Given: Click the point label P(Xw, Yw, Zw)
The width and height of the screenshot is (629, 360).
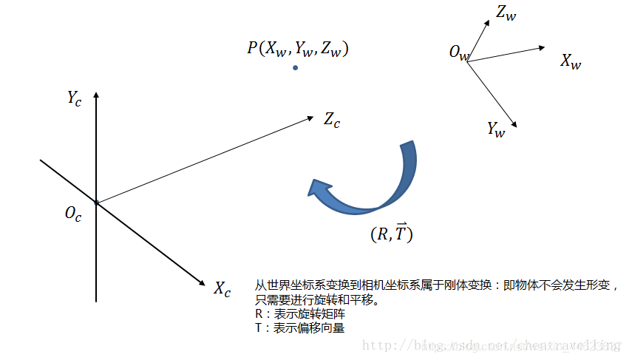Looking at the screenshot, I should click(298, 49).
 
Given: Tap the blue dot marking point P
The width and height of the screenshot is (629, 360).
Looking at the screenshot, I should click(295, 68).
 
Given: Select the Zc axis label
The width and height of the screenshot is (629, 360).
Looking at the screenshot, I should click(332, 120).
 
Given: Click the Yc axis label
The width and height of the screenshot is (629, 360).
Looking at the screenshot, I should click(74, 98).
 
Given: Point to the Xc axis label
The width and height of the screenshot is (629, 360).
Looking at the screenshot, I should click(222, 288).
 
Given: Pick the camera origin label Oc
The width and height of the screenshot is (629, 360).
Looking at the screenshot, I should click(73, 214).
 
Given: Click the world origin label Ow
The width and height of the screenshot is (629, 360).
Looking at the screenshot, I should click(458, 53).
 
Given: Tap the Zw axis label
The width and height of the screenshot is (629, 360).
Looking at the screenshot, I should click(506, 12).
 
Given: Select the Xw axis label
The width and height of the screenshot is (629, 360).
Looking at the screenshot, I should click(571, 61).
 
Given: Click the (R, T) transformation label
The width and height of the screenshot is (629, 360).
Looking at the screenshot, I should click(391, 234).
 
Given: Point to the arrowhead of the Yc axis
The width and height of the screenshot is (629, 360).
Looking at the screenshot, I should click(96, 95).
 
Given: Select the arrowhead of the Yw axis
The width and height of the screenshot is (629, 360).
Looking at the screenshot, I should click(512, 124).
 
